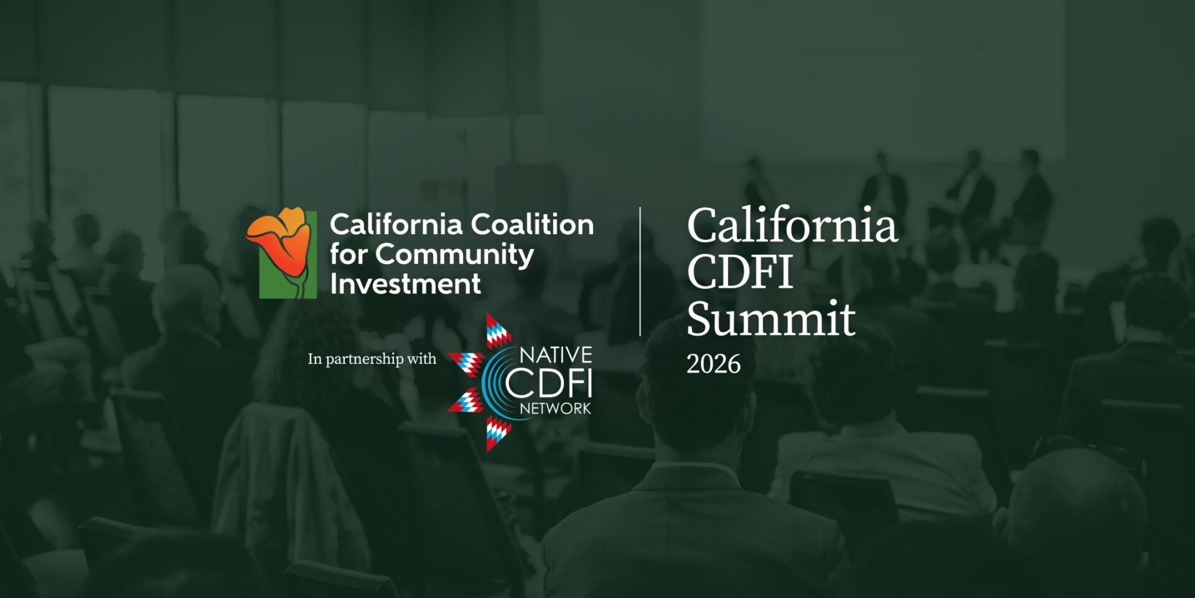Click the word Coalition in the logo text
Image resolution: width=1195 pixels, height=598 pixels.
532,224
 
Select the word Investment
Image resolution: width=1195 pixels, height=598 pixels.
405,284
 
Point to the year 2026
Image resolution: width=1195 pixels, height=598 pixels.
713,364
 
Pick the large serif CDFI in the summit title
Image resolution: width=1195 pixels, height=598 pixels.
739,272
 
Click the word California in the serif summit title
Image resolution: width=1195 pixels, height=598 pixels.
792,225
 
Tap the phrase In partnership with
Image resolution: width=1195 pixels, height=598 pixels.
372,359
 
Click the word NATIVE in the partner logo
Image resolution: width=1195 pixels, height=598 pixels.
555,355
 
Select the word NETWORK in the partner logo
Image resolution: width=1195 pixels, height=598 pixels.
555,409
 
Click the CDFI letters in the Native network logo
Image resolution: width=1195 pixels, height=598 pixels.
548,383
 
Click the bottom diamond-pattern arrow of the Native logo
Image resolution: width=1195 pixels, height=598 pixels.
498,434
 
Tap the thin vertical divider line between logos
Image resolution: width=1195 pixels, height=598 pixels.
640,272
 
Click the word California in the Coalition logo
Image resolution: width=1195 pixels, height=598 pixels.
396,224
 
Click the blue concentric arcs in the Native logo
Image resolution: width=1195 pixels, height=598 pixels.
492,381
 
